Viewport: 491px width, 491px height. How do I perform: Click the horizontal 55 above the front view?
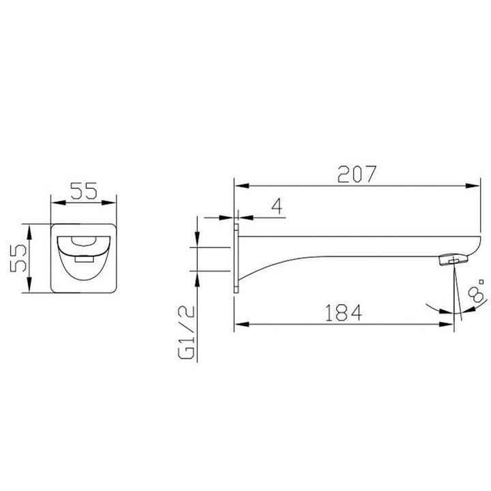pyautogui.click(x=85, y=192)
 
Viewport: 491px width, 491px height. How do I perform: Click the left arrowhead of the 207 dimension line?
pyautogui.click(x=240, y=185)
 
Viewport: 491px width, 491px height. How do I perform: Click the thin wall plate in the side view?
pyautogui.click(x=237, y=258)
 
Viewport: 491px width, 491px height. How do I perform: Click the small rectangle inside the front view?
pyautogui.click(x=85, y=259)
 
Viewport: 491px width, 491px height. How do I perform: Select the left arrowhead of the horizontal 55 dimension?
pyautogui.click(x=57, y=203)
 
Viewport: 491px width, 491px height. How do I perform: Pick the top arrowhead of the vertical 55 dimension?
pyautogui.click(x=29, y=228)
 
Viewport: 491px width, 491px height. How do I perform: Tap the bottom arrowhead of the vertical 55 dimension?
pyautogui.click(x=29, y=289)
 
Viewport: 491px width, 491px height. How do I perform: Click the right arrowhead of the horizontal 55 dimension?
pyautogui.click(x=114, y=203)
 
